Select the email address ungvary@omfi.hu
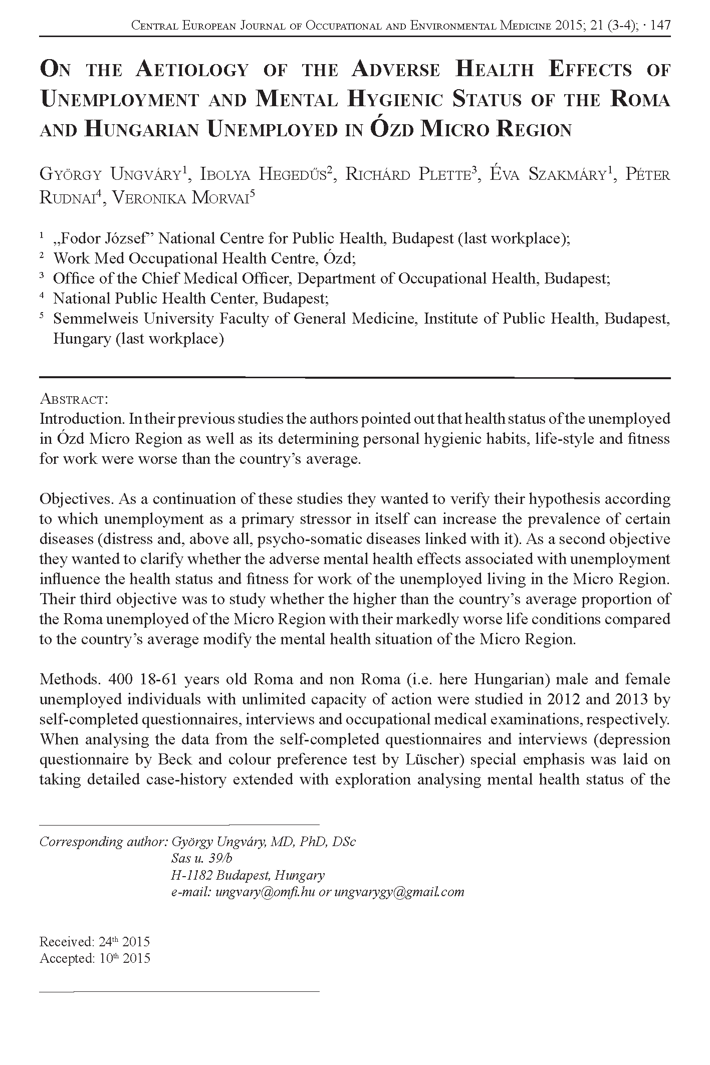[265, 892]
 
